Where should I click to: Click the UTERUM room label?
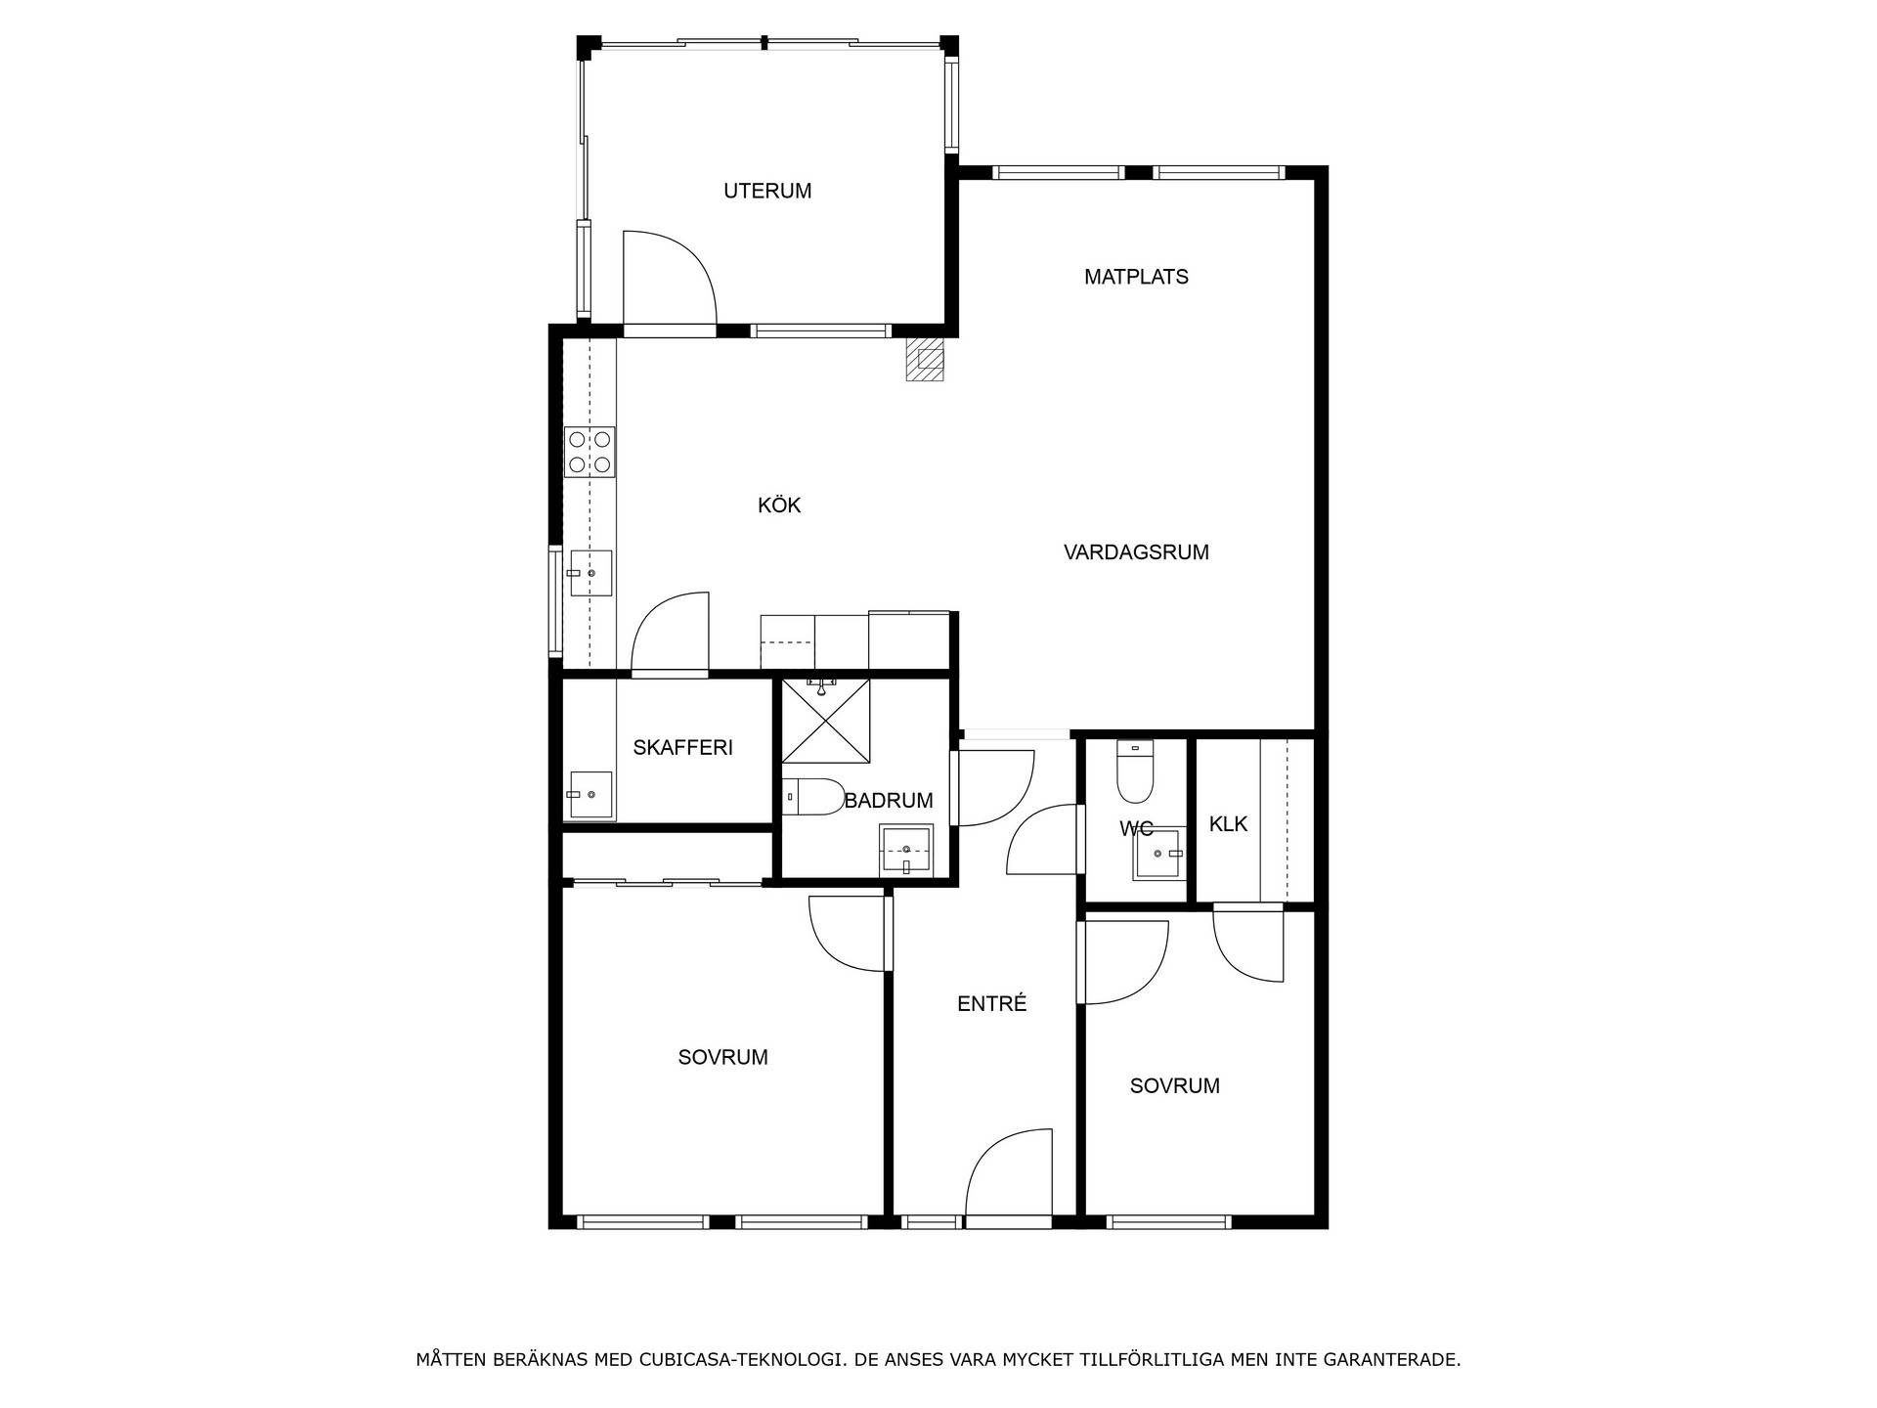pos(767,191)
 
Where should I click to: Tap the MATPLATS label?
pos(1136,277)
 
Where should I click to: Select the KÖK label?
pos(779,506)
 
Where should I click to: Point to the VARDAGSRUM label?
pos(1136,552)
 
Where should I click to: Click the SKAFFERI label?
pos(682,748)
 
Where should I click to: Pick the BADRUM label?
pos(889,801)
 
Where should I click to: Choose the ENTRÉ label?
pos(991,1003)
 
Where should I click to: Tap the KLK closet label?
pos(1228,824)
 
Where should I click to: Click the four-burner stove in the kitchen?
pos(590,453)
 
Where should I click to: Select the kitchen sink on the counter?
pos(589,574)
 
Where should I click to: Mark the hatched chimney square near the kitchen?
pos(925,359)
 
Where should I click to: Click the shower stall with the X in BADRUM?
pos(826,722)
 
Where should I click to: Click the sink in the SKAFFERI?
pos(590,795)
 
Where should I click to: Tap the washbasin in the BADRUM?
pos(907,850)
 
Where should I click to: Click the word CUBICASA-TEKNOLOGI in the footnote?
pos(740,1360)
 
